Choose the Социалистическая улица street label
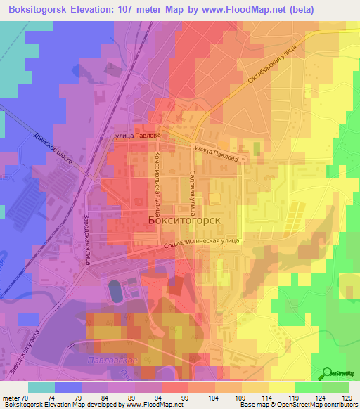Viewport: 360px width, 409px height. (201, 242)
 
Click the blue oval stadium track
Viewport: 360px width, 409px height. (114, 290)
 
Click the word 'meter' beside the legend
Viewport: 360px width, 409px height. (12, 398)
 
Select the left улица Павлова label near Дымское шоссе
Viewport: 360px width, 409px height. (137, 135)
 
